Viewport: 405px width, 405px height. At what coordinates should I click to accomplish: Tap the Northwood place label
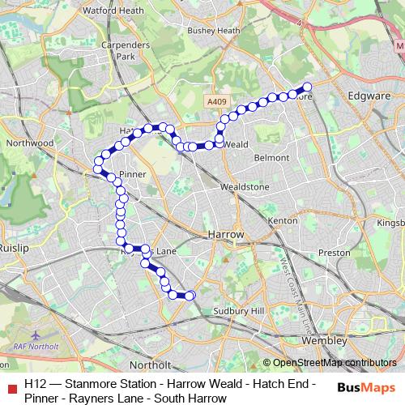point(29,143)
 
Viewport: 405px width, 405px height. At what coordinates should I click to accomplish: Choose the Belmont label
point(271,157)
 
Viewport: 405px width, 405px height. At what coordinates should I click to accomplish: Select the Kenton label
point(283,220)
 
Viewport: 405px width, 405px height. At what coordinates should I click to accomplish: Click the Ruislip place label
point(14,249)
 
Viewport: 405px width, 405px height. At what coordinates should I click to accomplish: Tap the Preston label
point(334,252)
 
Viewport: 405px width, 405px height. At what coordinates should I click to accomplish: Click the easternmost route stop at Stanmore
point(307,87)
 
